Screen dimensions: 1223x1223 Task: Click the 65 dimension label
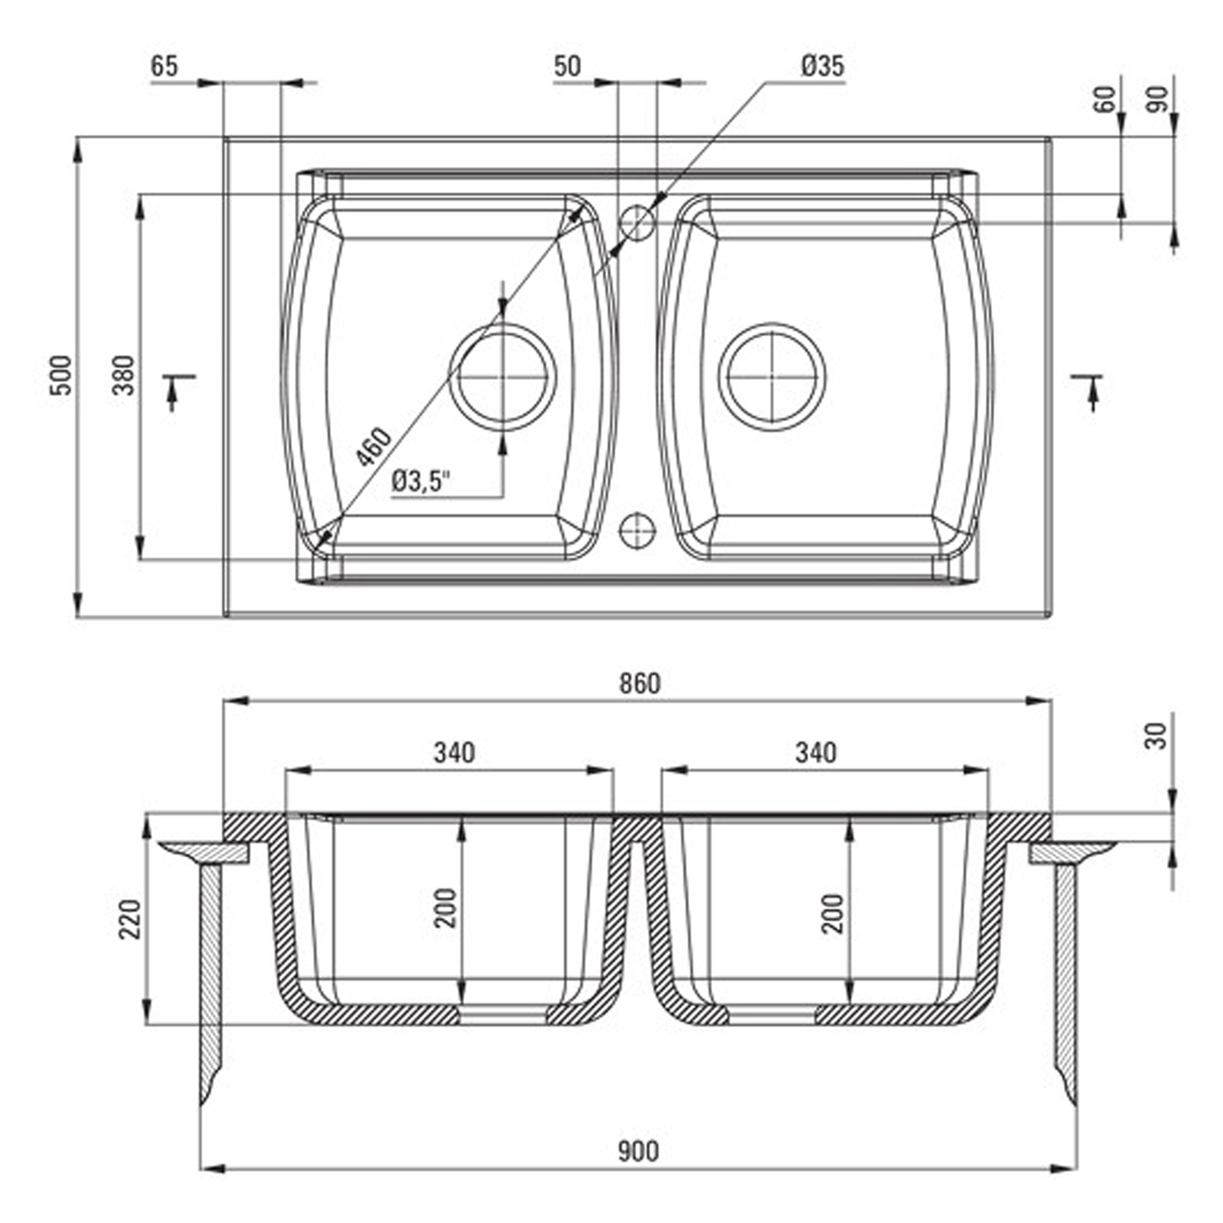(164, 66)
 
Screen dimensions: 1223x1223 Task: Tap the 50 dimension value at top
(567, 66)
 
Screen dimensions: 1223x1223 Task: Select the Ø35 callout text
(822, 66)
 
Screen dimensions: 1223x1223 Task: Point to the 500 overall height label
(62, 375)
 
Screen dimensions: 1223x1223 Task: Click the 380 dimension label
(124, 375)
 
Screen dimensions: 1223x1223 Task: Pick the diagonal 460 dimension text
(373, 446)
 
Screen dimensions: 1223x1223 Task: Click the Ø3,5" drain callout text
(420, 481)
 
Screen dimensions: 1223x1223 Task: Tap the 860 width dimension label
(640, 684)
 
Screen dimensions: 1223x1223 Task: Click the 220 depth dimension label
(131, 919)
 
